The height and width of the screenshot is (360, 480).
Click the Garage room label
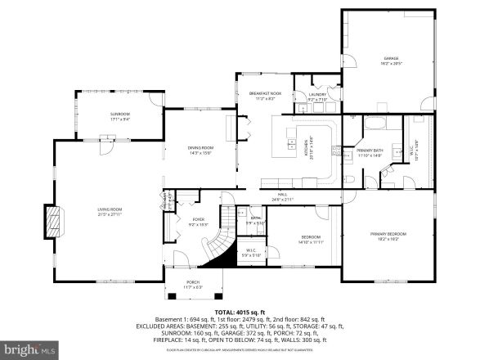[x=383, y=60]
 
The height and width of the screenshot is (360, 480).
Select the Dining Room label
[x=200, y=149]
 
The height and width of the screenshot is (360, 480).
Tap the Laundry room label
[x=317, y=96]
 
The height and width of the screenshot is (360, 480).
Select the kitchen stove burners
[x=334, y=150]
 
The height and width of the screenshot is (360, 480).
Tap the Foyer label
[x=199, y=221]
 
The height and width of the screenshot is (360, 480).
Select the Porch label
[x=193, y=285]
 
